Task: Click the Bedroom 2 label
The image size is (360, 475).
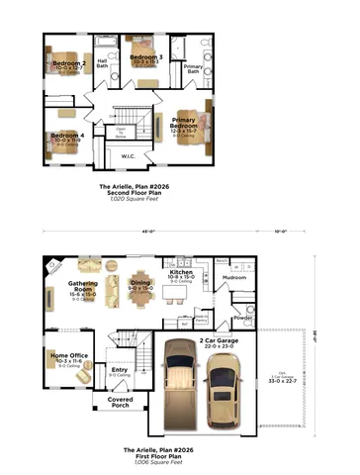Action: click(x=69, y=63)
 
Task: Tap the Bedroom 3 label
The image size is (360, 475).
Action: click(x=146, y=57)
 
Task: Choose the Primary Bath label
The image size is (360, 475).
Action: click(x=193, y=68)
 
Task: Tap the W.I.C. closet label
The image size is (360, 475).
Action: click(x=128, y=156)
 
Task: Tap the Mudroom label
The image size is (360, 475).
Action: click(x=234, y=278)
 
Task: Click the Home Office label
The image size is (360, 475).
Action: click(x=70, y=355)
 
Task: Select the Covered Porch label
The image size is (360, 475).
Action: click(x=120, y=402)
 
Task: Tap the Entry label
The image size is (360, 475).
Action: click(x=120, y=369)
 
